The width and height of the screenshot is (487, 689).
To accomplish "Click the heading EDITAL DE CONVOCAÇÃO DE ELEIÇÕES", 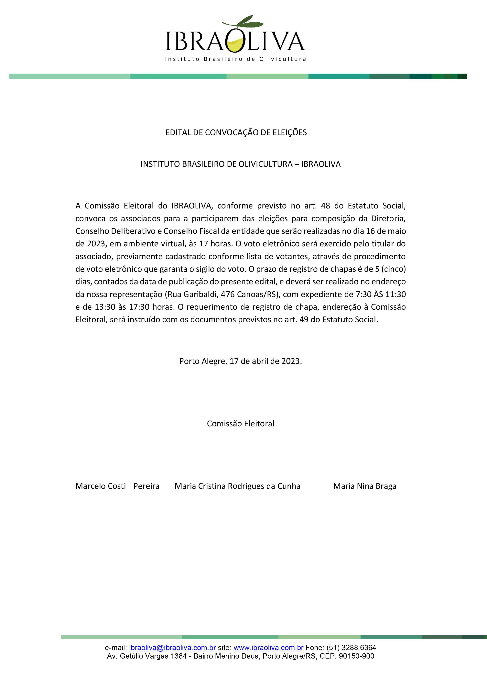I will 236,133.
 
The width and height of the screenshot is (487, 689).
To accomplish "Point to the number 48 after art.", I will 325,206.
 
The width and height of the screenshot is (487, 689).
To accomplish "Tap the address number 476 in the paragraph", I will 228,294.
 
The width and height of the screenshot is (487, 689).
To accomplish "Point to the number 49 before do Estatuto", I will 304,320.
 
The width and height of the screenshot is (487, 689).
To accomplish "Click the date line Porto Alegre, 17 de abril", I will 241,361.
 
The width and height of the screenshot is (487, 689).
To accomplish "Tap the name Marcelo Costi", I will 101,486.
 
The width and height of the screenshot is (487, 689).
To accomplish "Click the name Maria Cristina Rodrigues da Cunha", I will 237,486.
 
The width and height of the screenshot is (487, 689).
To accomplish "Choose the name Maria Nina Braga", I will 365,486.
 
